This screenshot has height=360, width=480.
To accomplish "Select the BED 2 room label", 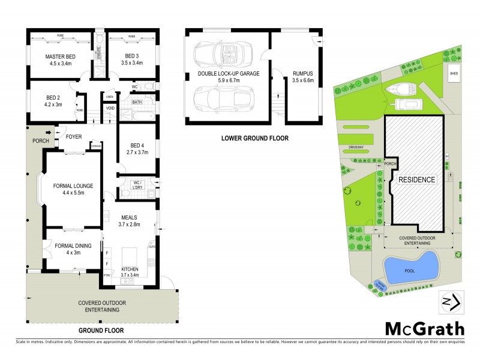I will pos(55,97).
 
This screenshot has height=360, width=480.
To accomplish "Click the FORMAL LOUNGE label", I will pos(73,186).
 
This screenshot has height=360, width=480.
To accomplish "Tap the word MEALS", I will pos(130,218).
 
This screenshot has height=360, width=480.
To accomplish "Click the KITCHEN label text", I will pos(130,269).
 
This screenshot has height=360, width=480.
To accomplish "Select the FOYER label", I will pos(74,136).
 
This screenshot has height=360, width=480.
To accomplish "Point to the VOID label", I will pos(110,108).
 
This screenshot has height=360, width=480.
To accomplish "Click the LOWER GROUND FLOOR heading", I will pos(254,138).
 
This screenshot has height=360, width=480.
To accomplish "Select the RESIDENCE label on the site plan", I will pos(418,179).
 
